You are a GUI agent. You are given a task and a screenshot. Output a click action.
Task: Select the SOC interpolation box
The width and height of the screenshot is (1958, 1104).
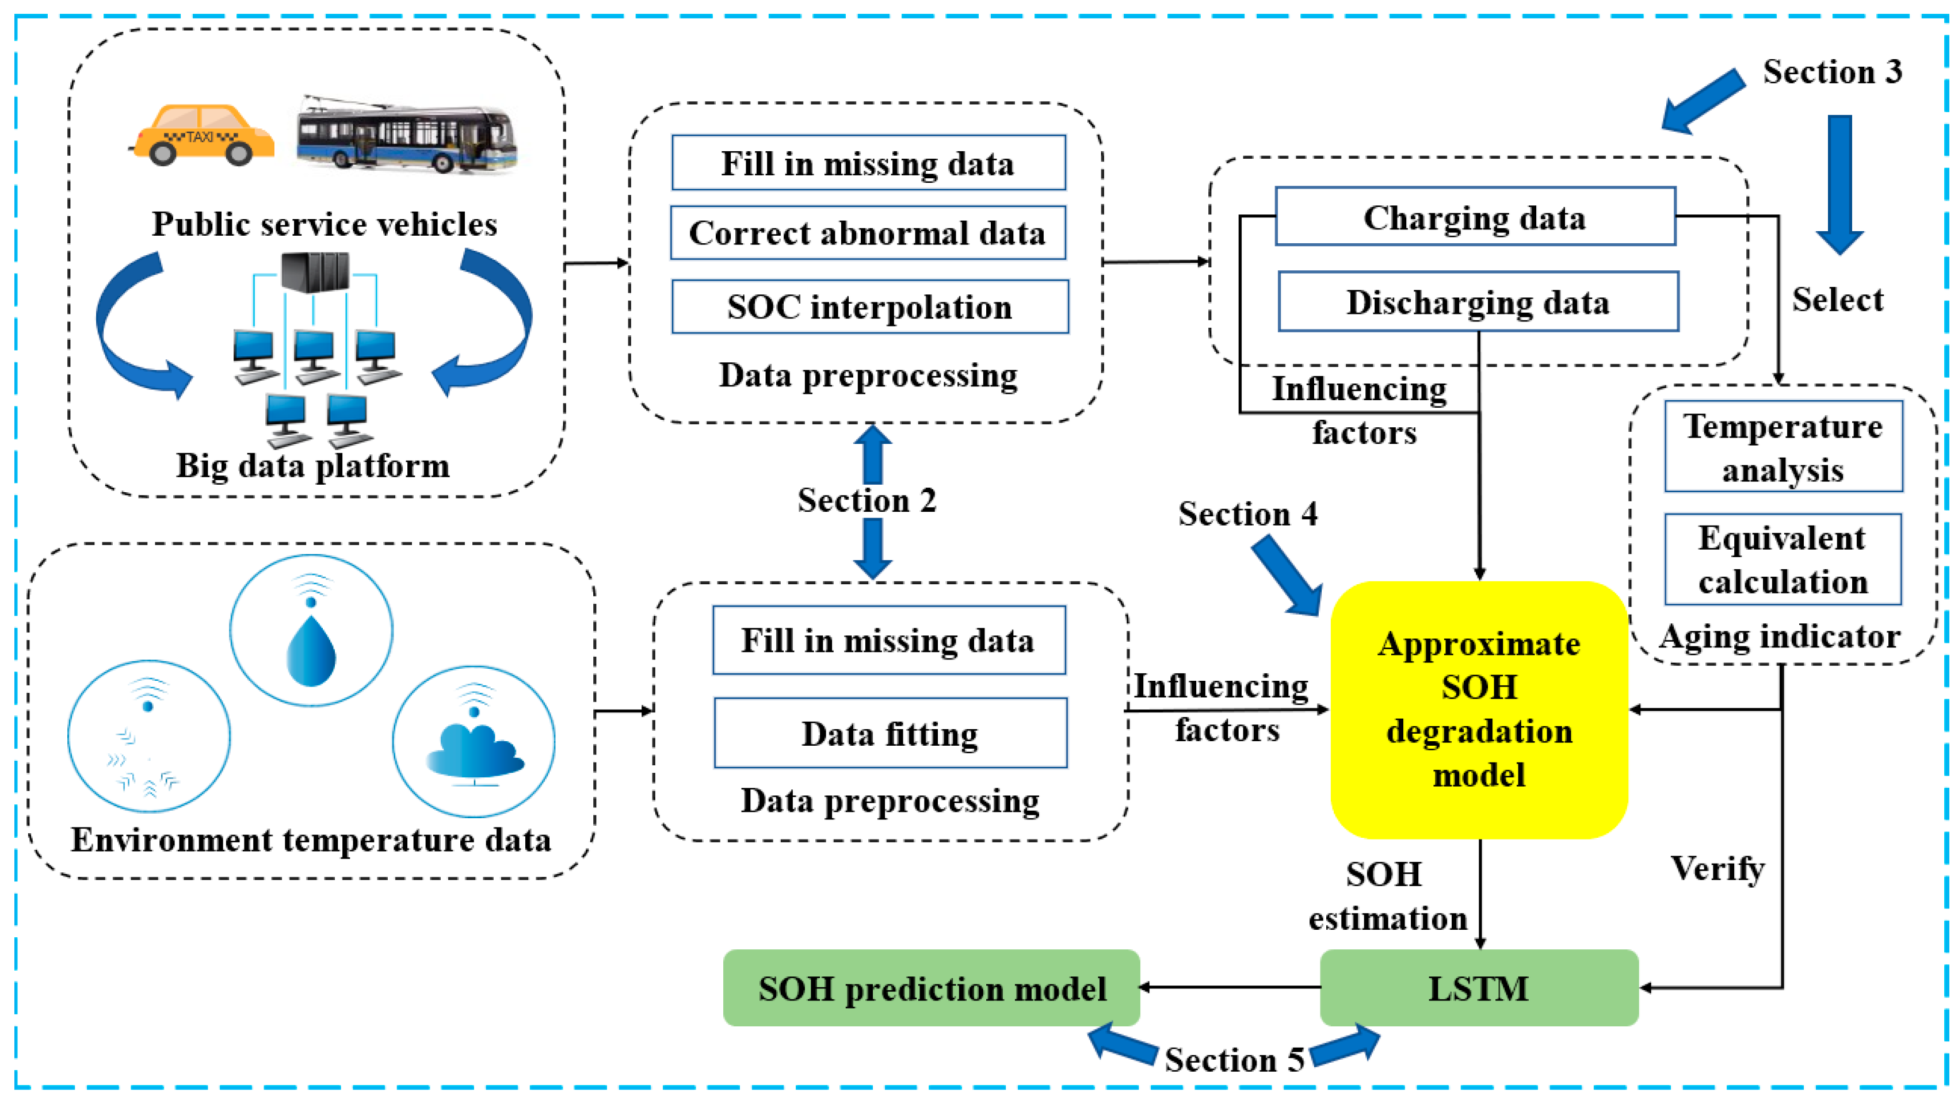coord(869,307)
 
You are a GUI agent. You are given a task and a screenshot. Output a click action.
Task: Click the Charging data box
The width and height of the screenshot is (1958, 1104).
coord(1475,217)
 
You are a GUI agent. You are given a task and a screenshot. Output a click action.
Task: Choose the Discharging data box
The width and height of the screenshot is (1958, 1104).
coord(1478,302)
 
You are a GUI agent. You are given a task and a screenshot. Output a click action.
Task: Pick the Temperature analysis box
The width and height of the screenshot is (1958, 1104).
coord(1783,447)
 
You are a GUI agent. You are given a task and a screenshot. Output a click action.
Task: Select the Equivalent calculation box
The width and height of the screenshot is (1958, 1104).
coord(1783,559)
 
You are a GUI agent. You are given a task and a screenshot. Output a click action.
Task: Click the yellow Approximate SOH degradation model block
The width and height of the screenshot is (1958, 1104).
coord(1478,710)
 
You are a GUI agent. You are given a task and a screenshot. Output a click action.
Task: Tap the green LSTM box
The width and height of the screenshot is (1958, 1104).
coord(1478,988)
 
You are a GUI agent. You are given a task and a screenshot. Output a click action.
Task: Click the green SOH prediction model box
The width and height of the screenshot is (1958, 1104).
coord(931,988)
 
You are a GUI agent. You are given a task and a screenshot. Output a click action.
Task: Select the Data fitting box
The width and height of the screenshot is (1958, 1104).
coord(890,733)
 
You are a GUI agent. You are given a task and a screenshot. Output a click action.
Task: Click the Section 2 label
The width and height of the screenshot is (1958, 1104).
coord(867,500)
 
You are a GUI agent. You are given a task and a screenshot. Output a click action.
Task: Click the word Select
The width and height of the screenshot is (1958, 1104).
coord(1837,300)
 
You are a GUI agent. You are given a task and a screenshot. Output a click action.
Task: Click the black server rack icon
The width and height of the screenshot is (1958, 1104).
coord(315,271)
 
